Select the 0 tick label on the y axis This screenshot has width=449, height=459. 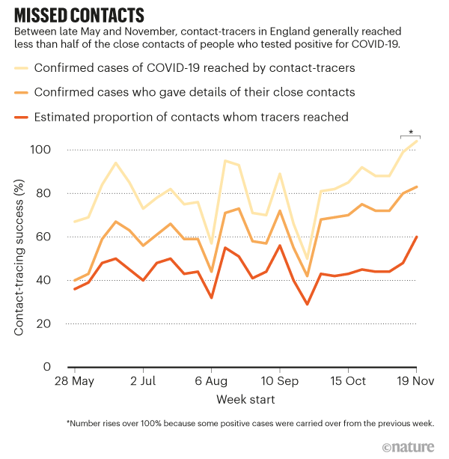[46, 367]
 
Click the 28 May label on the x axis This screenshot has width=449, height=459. [73, 381]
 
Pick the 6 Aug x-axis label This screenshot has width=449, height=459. [212, 381]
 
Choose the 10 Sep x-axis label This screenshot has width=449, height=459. [280, 381]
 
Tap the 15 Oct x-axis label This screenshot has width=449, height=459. [348, 381]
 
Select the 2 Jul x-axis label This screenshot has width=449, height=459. [142, 381]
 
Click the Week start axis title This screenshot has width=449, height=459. [245, 399]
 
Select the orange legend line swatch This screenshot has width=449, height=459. [32, 93]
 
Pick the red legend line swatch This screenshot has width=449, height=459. [32, 117]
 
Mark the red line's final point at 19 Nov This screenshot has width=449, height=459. [417, 237]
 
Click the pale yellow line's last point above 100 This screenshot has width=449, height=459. [417, 142]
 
